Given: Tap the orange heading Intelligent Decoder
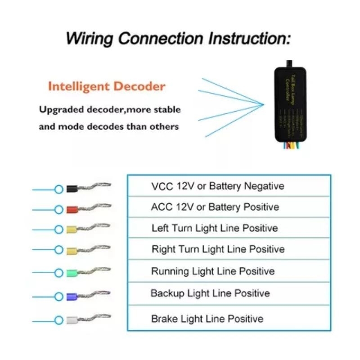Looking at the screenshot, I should [106, 86].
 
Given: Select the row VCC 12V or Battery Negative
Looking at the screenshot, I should [218, 186].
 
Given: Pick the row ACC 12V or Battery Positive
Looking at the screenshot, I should [215, 207].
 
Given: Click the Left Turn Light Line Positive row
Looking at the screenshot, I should [215, 228].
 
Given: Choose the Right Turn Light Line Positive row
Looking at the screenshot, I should [218, 249].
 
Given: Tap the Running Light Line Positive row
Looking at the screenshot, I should [213, 271].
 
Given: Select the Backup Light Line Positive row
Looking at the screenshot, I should [210, 293].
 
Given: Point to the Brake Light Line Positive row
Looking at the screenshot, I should [207, 319].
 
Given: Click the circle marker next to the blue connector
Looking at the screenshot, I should [58, 297].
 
